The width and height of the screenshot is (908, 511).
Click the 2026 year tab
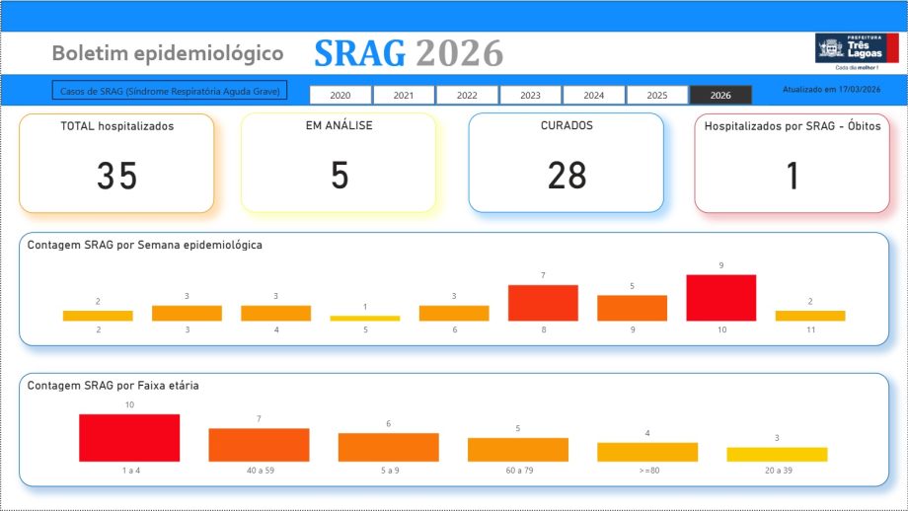coord(720,95)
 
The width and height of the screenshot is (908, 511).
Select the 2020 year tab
coord(340,95)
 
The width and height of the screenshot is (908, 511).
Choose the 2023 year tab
coord(530,95)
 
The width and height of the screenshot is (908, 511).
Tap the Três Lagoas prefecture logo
coord(857,50)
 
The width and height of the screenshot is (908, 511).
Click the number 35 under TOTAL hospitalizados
coord(116,176)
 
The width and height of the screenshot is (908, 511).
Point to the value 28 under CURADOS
coord(567,176)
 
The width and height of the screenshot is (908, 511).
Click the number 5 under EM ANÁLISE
coord(340,176)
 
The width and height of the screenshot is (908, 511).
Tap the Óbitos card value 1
coord(792,176)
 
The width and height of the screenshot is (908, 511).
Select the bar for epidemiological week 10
coord(721,298)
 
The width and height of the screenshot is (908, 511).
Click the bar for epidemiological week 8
coord(543,303)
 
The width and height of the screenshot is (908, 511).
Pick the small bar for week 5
coord(365,318)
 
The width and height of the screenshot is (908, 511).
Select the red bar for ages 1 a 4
coord(129,438)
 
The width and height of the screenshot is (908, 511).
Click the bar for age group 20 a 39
coord(777,455)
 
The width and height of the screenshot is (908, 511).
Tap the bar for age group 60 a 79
coord(518,450)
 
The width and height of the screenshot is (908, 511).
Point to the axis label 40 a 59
coord(259,471)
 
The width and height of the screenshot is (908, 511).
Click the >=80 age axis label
coord(647,471)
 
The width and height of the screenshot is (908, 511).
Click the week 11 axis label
coord(810,329)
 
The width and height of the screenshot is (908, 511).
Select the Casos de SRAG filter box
coord(170,91)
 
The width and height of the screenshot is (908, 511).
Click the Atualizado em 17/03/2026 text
coord(831,89)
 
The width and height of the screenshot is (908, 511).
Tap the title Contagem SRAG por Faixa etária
coord(113,386)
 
